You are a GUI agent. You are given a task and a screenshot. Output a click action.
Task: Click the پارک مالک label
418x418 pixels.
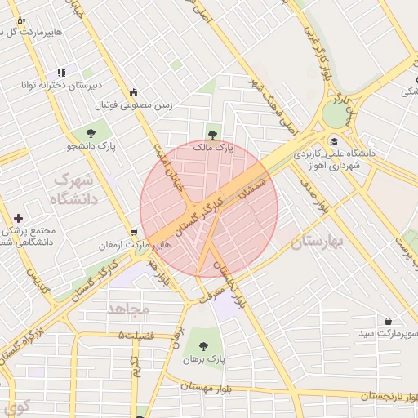[213, 149]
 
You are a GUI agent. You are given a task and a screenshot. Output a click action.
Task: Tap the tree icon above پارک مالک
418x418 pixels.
[213, 133]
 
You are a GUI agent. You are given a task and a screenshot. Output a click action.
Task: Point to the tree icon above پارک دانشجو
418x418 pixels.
[89, 132]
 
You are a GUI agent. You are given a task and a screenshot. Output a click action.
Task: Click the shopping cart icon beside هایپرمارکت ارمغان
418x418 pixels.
[134, 233]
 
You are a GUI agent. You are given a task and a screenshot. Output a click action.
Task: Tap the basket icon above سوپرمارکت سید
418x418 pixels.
[388, 321]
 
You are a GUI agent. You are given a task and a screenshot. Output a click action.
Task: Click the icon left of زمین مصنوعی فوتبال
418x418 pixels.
[134, 92]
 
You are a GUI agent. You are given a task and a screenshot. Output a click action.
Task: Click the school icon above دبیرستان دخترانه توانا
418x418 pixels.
[61, 73]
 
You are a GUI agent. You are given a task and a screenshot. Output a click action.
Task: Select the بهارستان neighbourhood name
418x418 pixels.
[318, 242]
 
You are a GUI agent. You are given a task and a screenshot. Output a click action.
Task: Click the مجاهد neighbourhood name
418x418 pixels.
[128, 309]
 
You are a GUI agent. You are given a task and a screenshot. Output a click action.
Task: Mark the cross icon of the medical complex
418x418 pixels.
[18, 218]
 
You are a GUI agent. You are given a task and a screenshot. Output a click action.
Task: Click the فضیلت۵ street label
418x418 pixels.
[145, 336]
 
